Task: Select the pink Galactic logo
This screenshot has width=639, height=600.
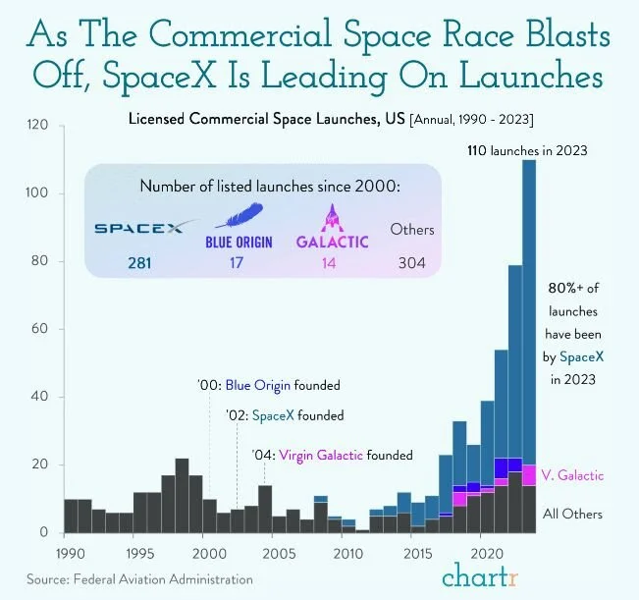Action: pyautogui.click(x=333, y=227)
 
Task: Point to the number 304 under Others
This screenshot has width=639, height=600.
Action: pyautogui.click(x=412, y=262)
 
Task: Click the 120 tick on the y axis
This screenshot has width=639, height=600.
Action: pyautogui.click(x=36, y=126)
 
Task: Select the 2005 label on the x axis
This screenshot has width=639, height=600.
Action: pyautogui.click(x=274, y=551)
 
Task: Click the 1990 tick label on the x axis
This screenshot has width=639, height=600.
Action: pyautogui.click(x=65, y=551)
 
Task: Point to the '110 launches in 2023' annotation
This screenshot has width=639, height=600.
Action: pyautogui.click(x=527, y=149)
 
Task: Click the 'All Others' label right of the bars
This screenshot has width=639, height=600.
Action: pyautogui.click(x=571, y=514)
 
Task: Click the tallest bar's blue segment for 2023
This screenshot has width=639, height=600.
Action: pyautogui.click(x=529, y=295)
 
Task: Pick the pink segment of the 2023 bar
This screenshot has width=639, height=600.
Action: pyautogui.click(x=529, y=475)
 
